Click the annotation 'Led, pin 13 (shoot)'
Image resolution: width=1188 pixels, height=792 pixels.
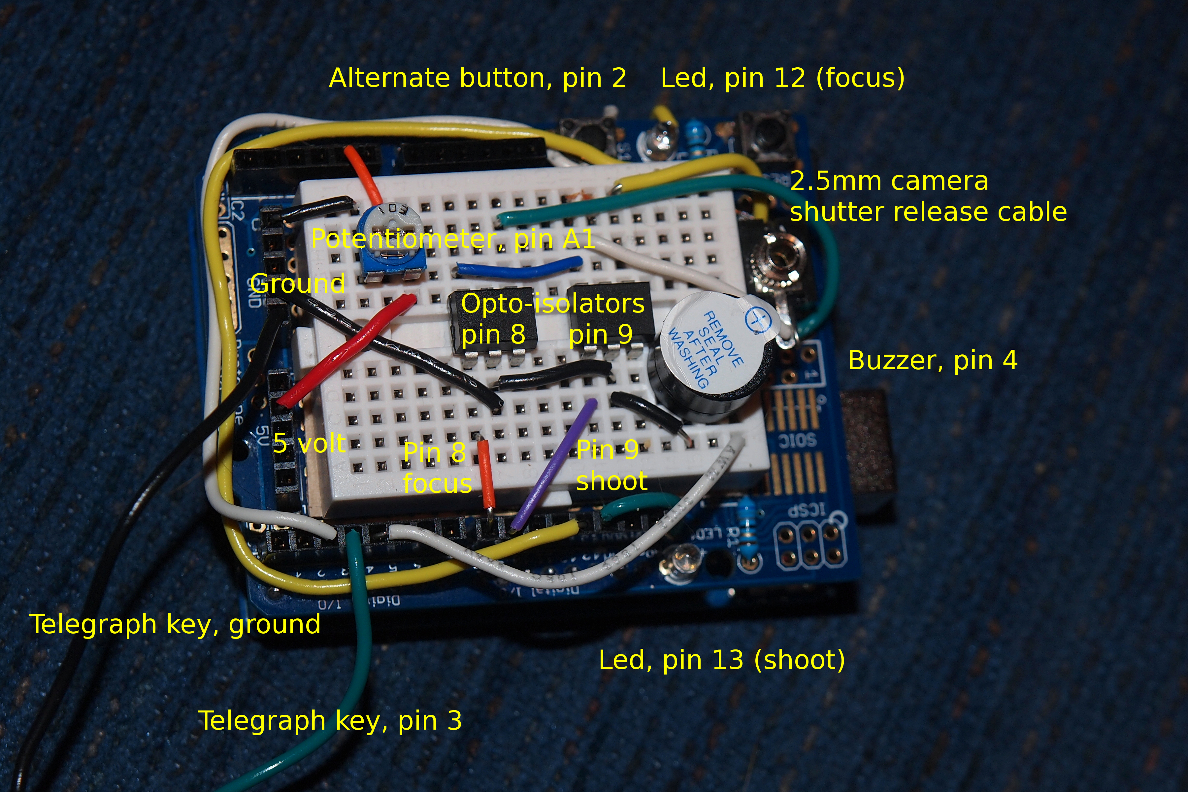click(722, 660)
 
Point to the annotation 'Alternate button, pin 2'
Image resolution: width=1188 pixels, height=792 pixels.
click(477, 78)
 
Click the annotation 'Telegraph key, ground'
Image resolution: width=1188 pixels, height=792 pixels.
click(175, 624)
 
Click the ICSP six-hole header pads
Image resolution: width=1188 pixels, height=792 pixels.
click(811, 545)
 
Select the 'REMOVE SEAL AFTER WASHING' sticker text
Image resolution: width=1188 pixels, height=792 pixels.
click(705, 348)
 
